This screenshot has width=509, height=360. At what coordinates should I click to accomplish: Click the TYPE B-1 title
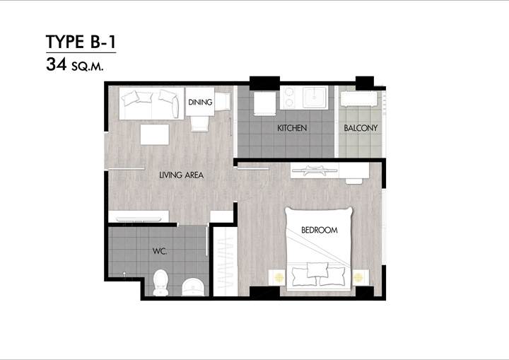coord(81,42)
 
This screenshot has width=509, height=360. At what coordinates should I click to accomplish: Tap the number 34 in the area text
coord(57,64)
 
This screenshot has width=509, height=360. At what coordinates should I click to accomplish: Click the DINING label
coord(200,102)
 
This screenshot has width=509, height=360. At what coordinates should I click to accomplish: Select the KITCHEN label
coord(292,128)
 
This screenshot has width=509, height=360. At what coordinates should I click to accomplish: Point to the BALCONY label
coord(361,128)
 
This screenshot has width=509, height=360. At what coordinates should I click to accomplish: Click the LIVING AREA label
coord(182,175)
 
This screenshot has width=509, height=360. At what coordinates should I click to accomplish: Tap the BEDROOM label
coord(320,230)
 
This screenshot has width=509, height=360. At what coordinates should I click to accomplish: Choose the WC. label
coord(160,251)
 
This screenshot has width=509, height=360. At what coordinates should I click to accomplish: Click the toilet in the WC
coord(160,282)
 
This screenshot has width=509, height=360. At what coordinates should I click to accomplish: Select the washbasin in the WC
coord(193,286)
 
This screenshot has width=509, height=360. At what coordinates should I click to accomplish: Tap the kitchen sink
coord(314,97)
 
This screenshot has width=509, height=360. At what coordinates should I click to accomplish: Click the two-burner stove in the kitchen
coord(289,98)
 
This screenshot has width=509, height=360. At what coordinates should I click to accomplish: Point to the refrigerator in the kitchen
coord(264,103)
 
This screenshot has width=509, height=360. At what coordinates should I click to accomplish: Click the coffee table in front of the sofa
coord(155,134)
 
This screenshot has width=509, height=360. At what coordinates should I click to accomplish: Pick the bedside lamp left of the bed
coord(279,277)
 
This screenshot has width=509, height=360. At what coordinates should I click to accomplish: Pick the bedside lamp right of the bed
coord(358,277)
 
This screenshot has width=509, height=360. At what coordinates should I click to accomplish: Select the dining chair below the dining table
coord(199,124)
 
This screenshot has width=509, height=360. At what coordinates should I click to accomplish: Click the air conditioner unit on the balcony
coord(359,99)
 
